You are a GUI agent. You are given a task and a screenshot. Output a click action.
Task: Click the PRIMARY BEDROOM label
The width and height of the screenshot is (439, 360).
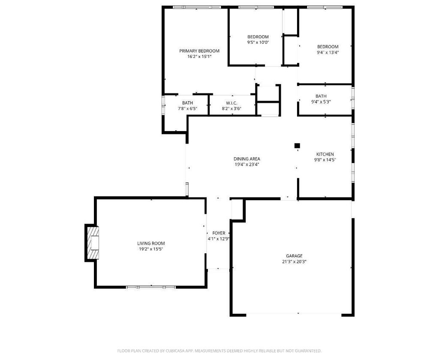pyautogui.click(x=199, y=51)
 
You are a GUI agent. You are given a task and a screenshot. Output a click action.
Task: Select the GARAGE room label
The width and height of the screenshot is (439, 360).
pyautogui.click(x=294, y=256)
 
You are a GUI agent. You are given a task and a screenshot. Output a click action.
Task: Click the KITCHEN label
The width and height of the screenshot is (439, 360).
pyautogui.click(x=325, y=154)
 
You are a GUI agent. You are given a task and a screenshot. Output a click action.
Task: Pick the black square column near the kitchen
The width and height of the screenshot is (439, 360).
pyautogui.click(x=297, y=146)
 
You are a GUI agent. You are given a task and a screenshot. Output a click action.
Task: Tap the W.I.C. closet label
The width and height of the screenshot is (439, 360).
pyautogui.click(x=232, y=103)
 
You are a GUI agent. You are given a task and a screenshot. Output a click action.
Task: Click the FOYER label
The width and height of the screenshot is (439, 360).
pyautogui.click(x=219, y=233)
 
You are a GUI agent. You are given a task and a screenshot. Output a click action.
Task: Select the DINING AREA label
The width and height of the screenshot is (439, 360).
pyautogui.click(x=247, y=159)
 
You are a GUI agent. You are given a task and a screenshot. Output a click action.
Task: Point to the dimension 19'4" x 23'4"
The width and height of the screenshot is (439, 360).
pyautogui.click(x=247, y=165)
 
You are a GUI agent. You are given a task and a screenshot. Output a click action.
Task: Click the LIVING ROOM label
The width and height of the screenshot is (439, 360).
pyautogui.click(x=151, y=243)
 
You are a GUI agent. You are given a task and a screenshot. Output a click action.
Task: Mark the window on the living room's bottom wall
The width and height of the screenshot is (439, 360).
pyautogui.click(x=151, y=287)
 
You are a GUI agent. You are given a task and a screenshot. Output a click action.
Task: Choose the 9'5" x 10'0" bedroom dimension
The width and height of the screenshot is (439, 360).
pyautogui.click(x=258, y=42)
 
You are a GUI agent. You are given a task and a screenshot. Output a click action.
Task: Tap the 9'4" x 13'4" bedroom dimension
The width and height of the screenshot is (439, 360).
pyautogui.click(x=328, y=52)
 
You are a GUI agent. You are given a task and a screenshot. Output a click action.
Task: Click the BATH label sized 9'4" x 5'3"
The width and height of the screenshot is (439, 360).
pyautogui.click(x=321, y=96)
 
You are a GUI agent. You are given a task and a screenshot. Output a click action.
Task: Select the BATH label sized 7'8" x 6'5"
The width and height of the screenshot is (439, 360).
pyautogui.click(x=187, y=103)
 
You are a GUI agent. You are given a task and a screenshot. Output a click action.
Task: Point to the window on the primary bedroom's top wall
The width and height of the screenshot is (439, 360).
pyautogui.click(x=197, y=7)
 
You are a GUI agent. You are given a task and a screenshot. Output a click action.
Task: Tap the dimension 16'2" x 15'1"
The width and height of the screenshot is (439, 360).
pyautogui.click(x=199, y=57)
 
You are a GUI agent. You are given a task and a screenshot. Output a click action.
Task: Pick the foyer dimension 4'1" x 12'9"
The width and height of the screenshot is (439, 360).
pyautogui.click(x=219, y=239)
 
